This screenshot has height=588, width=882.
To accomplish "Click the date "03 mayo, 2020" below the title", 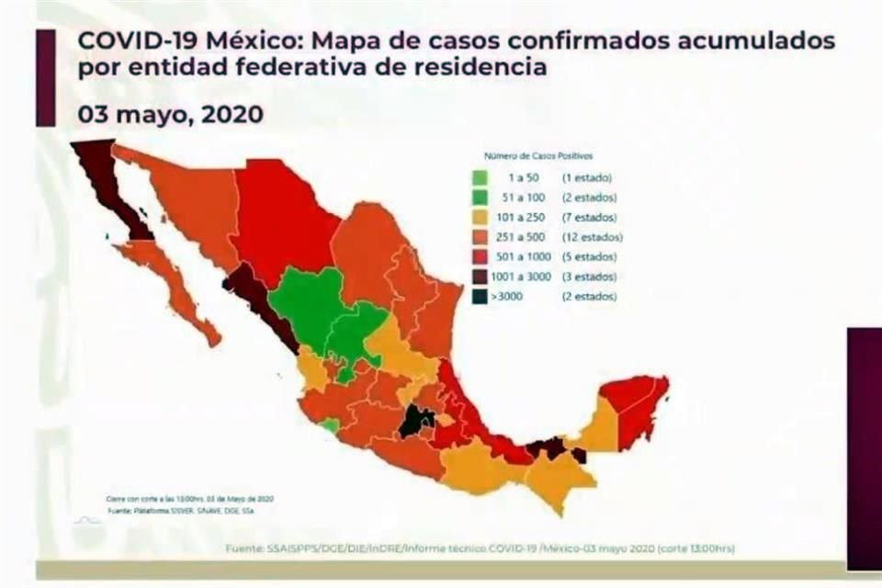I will pos(171,115).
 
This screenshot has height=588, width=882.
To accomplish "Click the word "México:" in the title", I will pos(238,40).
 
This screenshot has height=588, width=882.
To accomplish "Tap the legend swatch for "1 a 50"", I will pos(480,177).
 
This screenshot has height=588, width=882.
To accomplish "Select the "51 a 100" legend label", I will pos(521,198).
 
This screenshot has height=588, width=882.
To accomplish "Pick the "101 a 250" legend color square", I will pos(480,217).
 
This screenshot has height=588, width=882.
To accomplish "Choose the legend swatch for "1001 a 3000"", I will pos(480,277).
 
